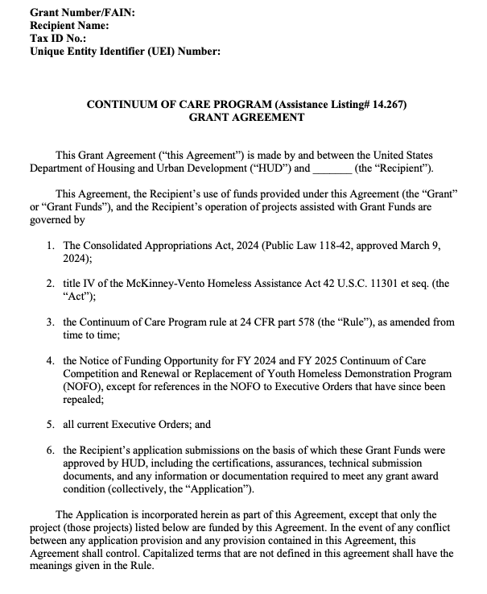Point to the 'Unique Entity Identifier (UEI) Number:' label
click(124, 52)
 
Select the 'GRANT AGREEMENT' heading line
click(246, 117)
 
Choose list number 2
click(50, 285)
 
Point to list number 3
click(50, 322)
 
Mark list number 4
click(50, 361)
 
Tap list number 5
click(50, 425)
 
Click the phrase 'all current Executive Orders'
click(134, 425)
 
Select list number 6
click(50, 450)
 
